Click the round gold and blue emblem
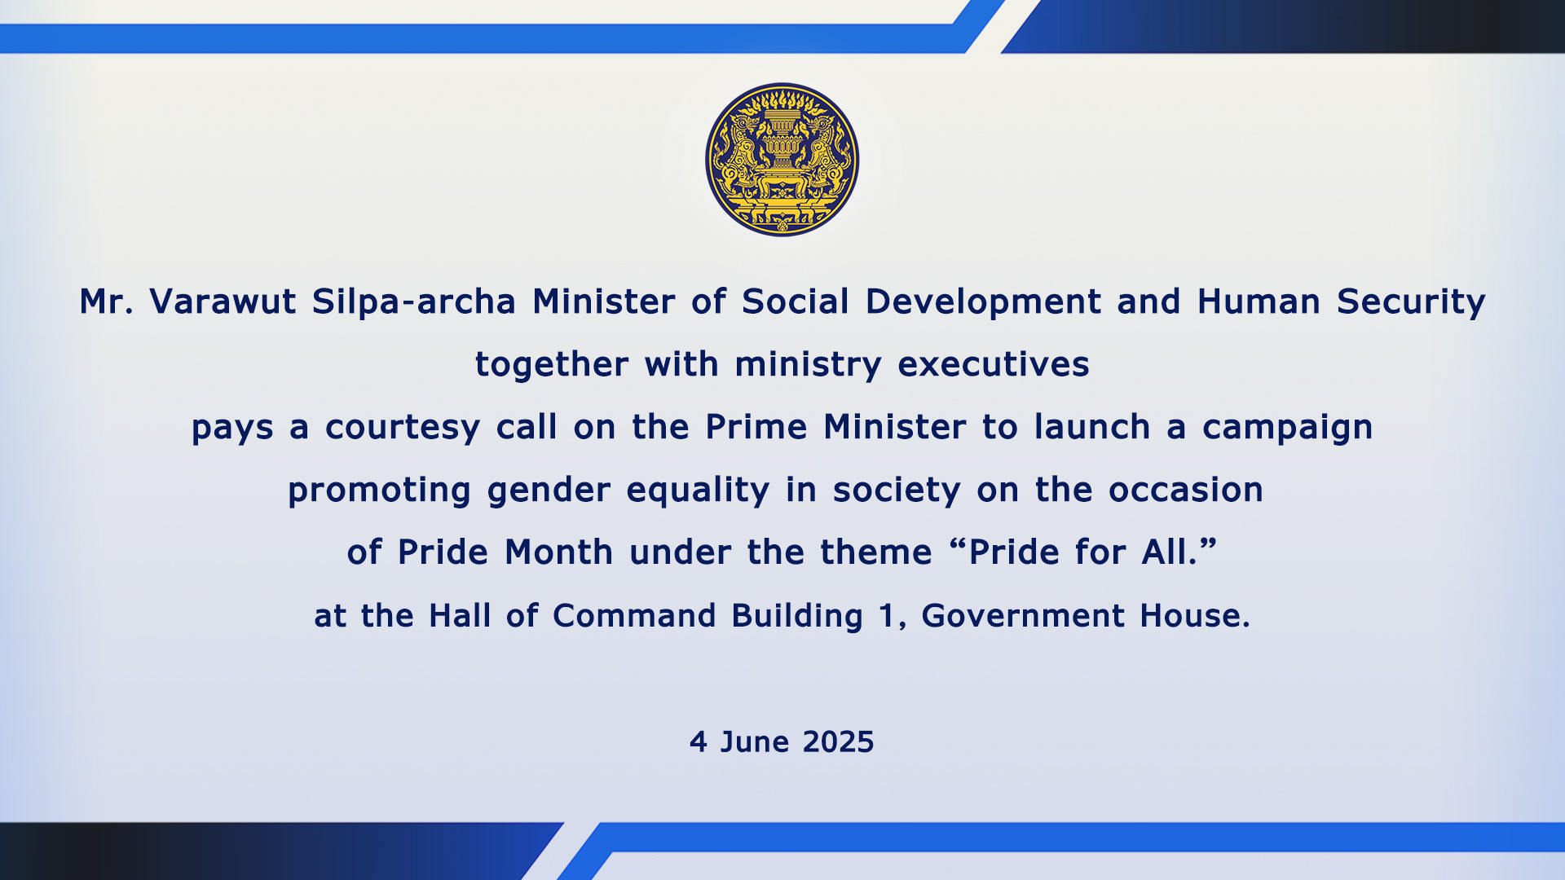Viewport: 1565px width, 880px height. coord(782,160)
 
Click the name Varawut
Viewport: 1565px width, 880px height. coord(223,301)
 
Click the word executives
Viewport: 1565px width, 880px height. coord(994,365)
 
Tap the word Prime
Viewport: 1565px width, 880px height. coord(756,427)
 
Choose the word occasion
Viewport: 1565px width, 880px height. coord(1186,491)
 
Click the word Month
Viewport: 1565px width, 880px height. coord(558,552)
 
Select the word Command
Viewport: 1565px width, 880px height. coord(633,616)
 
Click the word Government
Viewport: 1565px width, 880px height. coord(1022,616)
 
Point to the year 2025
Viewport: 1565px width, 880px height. coord(838,742)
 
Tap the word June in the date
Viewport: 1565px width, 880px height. coord(755,742)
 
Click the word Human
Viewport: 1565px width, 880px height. coord(1259,301)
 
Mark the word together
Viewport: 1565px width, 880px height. coord(552,365)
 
